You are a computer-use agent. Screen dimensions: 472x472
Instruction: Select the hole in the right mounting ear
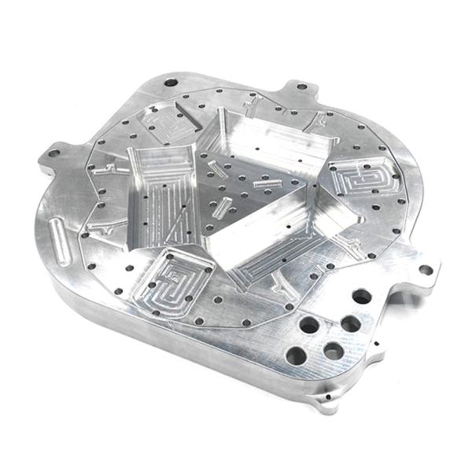click(x=426, y=270)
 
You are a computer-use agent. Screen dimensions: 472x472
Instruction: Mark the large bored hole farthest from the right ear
click(x=297, y=355)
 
